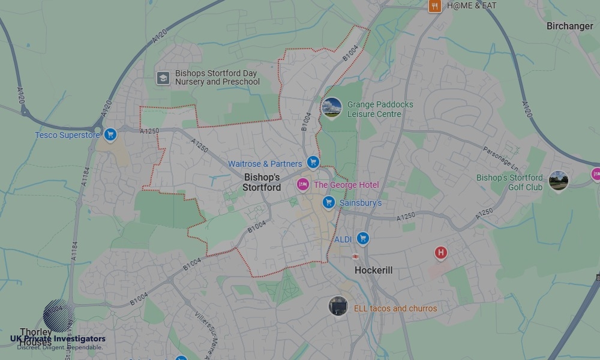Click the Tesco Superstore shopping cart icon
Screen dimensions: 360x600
pos(110,134)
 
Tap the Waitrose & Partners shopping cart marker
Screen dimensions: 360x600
pos(313,162)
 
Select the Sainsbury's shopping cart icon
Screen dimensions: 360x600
pos(328,202)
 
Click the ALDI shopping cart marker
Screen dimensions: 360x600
pos(362,239)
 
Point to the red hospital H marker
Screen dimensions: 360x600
pos(441,253)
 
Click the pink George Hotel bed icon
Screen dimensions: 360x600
pos(304,184)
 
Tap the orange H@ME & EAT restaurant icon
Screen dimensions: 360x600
pos(435,6)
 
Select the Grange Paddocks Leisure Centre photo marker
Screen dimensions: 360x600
pos(331,108)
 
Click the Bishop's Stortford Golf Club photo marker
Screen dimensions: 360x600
pos(558,179)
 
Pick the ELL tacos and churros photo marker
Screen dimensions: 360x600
pos(338,306)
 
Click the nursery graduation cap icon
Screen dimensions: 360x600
pos(163,77)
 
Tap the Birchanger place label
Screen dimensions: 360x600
pos(569,26)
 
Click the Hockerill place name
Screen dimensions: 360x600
pos(373,271)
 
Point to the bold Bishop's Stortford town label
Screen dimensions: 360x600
pos(262,182)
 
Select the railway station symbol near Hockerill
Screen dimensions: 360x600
pos(355,256)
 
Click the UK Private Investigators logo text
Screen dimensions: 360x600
pos(58,339)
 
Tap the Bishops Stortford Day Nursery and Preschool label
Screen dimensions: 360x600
pos(217,77)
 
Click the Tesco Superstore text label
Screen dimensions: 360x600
pos(67,135)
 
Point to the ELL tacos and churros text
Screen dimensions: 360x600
pos(395,308)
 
